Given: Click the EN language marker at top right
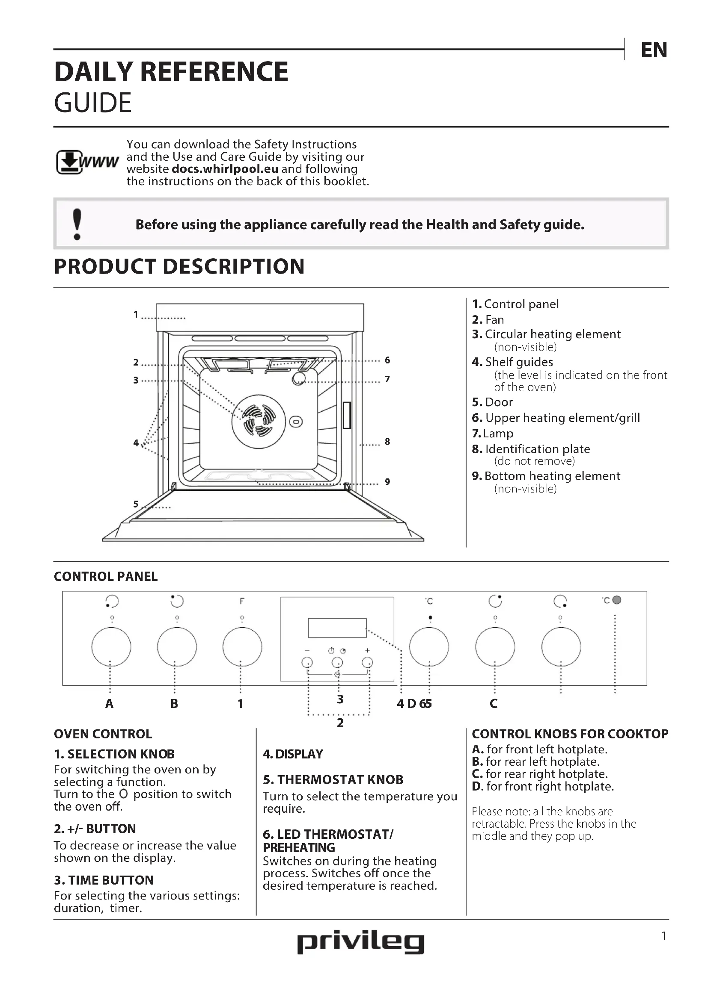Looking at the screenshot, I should click(654, 50).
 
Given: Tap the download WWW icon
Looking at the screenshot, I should click(87, 162).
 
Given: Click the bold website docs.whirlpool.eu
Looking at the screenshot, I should click(225, 169).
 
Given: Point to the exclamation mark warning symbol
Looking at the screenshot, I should click(77, 224).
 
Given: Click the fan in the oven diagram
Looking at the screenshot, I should click(259, 421).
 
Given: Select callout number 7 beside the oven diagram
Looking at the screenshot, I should click(387, 379).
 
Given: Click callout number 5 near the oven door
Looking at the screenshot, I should click(136, 504).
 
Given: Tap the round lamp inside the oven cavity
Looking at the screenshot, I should click(299, 378).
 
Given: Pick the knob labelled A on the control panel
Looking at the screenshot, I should click(111, 647).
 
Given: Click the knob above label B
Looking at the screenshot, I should click(176, 647).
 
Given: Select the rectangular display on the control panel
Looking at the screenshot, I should click(337, 628).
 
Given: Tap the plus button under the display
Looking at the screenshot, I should click(368, 662).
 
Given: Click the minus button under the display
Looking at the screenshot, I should click(307, 662).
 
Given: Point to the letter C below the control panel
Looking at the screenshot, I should click(494, 704).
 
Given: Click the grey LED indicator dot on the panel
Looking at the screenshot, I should click(616, 600).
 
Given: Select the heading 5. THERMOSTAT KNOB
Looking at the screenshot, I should click(333, 780).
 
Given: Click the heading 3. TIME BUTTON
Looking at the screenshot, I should click(104, 880).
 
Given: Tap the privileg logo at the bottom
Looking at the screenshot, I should click(360, 943).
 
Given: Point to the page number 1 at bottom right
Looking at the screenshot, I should click(663, 935).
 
